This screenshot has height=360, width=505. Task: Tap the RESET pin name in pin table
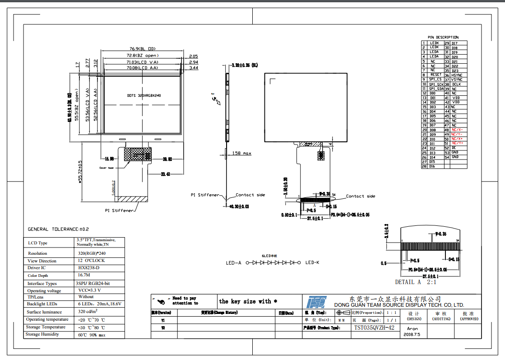pos(436,75)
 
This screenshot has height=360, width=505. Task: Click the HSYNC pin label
pos(457,75)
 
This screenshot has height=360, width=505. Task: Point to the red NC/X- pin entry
pos(457,130)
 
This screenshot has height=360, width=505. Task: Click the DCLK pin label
pos(456,84)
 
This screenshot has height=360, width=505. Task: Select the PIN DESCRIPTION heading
pos(443,37)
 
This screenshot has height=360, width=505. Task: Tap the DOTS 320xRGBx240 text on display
pos(144,96)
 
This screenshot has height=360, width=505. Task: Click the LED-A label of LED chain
pos(233,262)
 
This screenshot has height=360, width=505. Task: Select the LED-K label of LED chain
pos(312,262)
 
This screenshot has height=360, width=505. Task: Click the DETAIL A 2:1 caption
pos(416,282)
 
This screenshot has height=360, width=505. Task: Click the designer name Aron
pos(412,328)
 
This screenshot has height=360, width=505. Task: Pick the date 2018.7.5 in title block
pos(412,335)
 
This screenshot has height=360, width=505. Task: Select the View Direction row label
pos(42,261)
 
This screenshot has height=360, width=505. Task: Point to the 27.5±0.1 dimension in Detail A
pos(429,276)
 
